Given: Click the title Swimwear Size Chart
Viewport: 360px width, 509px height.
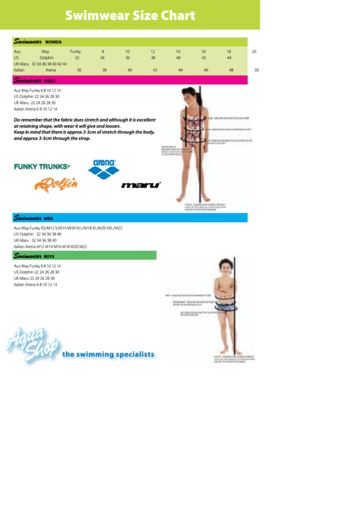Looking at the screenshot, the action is tap(130, 16).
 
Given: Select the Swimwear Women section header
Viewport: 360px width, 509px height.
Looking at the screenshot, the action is tap(38, 41).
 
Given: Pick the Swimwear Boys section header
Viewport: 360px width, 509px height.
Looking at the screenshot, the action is tap(35, 256).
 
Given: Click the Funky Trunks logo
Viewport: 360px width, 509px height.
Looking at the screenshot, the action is tap(41, 166).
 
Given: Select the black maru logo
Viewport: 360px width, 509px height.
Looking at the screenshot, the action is tap(141, 185).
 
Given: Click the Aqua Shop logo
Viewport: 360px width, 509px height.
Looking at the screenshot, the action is tap(32, 344).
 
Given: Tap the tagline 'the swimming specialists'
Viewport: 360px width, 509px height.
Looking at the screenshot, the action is tap(108, 354).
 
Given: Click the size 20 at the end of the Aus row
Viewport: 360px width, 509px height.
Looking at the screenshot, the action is tap(254, 52).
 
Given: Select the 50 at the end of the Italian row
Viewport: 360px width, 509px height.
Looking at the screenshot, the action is tap(256, 70).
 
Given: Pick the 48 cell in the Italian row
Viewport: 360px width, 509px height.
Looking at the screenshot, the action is tap(231, 70).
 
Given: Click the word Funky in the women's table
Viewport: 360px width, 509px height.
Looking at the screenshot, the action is tap(75, 52).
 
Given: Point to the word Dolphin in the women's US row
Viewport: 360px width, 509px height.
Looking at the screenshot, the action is tap(46, 58).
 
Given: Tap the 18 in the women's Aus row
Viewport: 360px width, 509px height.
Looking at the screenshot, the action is tap(229, 52).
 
